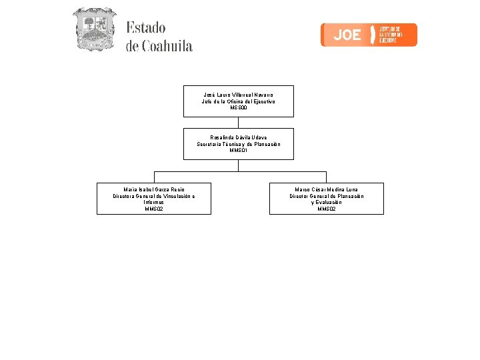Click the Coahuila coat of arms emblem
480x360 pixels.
tap(94, 29)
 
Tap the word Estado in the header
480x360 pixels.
tap(146, 28)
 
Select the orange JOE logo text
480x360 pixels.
tap(347, 35)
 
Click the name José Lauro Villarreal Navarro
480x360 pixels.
tap(238, 95)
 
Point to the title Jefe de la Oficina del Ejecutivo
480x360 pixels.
tap(238, 101)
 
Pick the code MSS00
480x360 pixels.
tap(238, 107)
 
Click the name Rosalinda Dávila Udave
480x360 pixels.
tap(238, 137)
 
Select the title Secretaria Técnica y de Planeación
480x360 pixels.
tap(238, 144)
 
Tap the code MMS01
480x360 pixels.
tap(238, 150)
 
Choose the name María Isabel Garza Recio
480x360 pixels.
tap(154, 189)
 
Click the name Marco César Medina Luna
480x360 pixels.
tap(326, 189)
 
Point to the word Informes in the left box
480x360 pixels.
tap(154, 202)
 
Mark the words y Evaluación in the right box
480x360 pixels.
tap(326, 202)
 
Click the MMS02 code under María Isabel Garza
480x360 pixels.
tap(154, 209)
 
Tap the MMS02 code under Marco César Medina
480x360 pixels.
tap(326, 209)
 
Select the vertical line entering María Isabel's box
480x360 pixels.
tap(154, 177)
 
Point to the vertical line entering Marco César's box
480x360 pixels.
tap(326, 177)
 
